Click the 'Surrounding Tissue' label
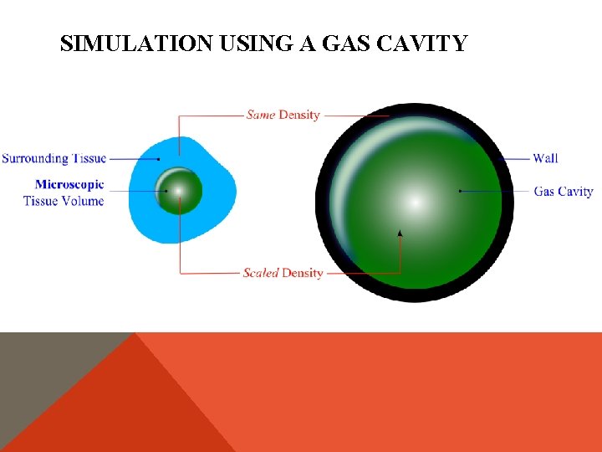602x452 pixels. [x=54, y=158]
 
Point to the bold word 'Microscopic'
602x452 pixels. [x=69, y=184]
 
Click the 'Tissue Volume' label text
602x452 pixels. [x=64, y=201]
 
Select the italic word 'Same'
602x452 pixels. [x=261, y=115]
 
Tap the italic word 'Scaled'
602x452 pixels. [x=260, y=273]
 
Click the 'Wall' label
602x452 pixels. [x=545, y=158]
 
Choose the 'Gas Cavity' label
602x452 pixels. [x=564, y=192]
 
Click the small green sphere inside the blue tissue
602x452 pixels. [x=179, y=192]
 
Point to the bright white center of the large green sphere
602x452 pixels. [x=415, y=202]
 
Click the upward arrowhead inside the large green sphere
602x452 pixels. [x=400, y=233]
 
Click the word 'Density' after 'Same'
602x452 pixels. [x=299, y=115]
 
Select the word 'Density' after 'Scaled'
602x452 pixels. [x=302, y=273]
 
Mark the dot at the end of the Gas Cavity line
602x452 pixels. [x=460, y=191]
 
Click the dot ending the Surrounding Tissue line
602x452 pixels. [x=159, y=159]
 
